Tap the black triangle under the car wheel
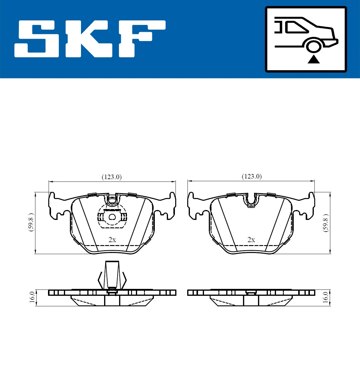[313, 60]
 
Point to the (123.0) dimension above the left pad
[112, 177]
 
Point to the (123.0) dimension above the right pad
[252, 176]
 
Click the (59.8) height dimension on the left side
[31, 222]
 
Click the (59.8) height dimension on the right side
[326, 223]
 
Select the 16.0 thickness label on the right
[325, 297]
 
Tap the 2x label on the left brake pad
[112, 240]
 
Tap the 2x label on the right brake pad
[251, 240]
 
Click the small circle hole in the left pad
[112, 217]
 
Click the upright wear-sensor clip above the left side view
[112, 274]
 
